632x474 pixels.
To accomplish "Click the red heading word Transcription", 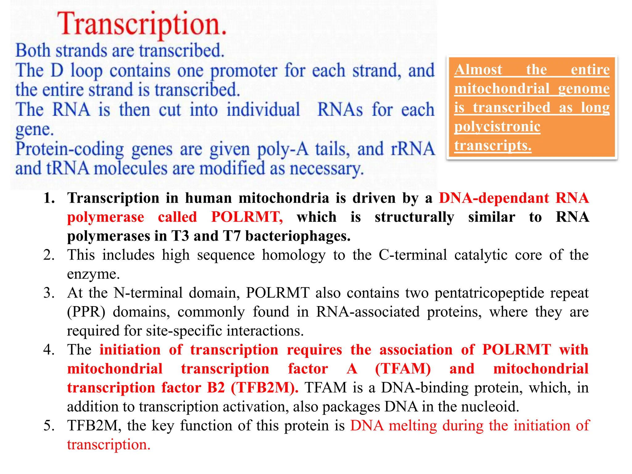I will [x=142, y=24].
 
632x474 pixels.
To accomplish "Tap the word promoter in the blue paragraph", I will [x=244, y=71].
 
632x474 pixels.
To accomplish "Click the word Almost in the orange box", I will [x=478, y=69].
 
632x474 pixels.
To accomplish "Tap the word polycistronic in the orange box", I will [x=497, y=127].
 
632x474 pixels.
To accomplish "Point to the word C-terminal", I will [x=413, y=255].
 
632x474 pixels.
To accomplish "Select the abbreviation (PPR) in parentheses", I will [x=86, y=312].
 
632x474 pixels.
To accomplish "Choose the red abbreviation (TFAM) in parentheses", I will [x=403, y=369].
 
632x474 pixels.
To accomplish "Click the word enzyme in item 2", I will [x=93, y=274].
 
